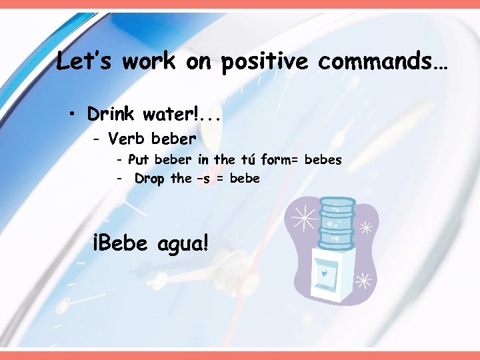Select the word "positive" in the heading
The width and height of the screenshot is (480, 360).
tap(264, 63)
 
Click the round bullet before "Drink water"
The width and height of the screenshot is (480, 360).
tap(71, 114)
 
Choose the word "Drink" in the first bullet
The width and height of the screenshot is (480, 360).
tap(111, 114)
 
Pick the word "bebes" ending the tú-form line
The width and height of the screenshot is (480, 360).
tap(323, 160)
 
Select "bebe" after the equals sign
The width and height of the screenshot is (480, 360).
tap(245, 179)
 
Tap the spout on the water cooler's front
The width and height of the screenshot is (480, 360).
tap(323, 273)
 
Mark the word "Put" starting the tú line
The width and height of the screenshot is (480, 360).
tap(138, 160)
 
